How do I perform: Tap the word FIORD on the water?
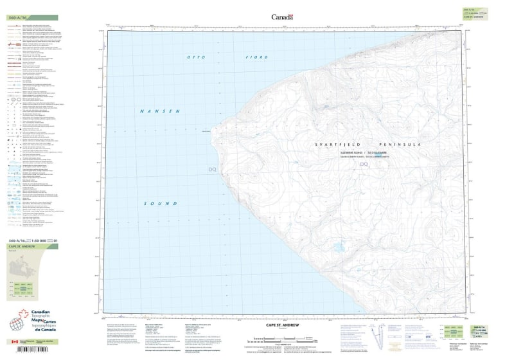[x=256, y=58]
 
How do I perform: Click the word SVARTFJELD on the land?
[x=334, y=145]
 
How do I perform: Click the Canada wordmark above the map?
[x=282, y=17]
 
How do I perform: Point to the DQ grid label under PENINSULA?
[x=364, y=165]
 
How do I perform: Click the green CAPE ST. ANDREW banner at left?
[x=26, y=247]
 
